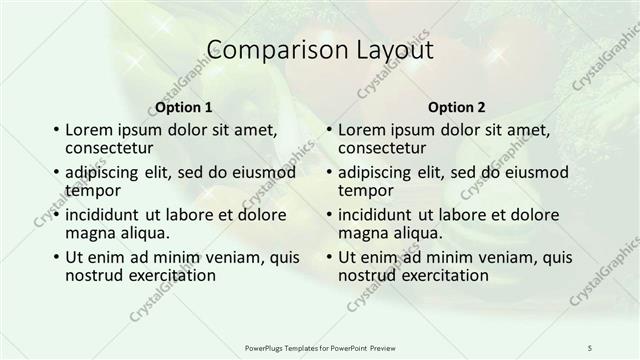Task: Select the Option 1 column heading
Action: [x=184, y=107]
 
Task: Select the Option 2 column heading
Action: [x=456, y=107]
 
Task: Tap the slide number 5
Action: [x=590, y=346]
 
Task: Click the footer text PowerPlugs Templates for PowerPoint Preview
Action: [x=319, y=346]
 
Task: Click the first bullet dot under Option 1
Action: [x=55, y=130]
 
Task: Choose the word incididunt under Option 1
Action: [x=104, y=214]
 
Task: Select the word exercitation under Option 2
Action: [x=442, y=274]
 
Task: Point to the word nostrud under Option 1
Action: [x=94, y=274]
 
